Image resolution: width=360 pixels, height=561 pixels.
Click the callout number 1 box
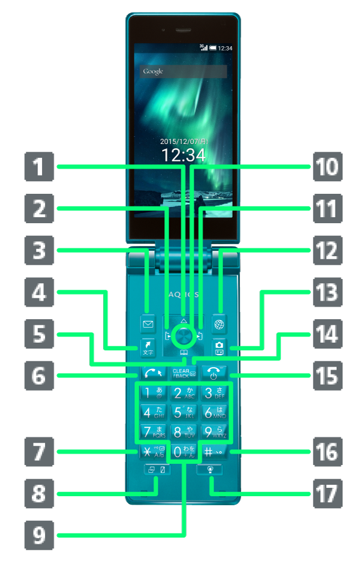click(39, 167)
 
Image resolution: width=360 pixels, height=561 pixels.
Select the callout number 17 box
click(326, 494)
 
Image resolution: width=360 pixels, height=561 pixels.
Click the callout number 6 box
click(39, 376)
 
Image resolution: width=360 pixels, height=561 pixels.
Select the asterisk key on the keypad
click(146, 452)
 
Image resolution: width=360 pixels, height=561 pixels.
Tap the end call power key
click(214, 373)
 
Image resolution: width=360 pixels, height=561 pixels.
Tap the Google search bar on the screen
click(184, 71)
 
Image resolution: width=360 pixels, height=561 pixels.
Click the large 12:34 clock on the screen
click(184, 155)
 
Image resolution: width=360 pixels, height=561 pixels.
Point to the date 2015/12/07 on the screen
click(184, 142)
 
